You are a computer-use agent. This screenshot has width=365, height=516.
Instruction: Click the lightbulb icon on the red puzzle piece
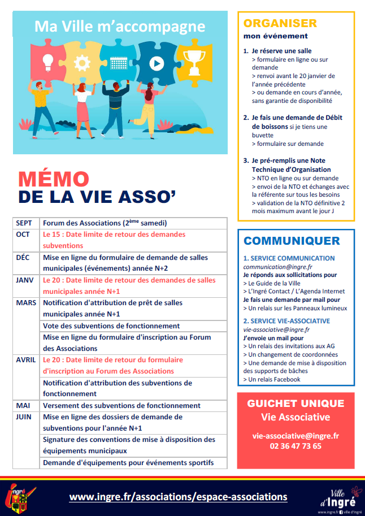tap(47, 60)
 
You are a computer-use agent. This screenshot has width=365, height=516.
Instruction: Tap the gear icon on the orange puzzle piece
tap(82, 60)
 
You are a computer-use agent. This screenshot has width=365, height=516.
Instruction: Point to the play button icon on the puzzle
tap(157, 63)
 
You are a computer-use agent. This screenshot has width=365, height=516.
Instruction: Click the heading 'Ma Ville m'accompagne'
tap(119, 26)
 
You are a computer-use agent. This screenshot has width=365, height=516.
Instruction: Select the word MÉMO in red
tap(53, 179)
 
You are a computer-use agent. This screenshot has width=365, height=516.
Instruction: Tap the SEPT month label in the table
tap(24, 223)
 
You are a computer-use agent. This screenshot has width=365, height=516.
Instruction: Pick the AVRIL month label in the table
tap(27, 360)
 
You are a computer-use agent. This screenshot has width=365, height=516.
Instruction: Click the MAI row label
tap(23, 406)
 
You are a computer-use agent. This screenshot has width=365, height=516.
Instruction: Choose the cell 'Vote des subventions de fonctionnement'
tap(111, 326)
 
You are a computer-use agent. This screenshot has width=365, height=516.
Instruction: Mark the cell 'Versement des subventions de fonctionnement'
tap(121, 406)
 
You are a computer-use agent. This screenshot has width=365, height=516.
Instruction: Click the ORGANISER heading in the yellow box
tap(280, 23)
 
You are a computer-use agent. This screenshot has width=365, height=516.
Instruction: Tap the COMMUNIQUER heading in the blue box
tap(292, 241)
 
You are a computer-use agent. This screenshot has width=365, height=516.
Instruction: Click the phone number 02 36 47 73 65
tap(296, 446)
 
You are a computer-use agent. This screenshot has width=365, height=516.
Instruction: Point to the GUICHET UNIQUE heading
tap(296, 404)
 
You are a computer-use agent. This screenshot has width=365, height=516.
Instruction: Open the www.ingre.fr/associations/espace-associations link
tap(178, 497)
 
